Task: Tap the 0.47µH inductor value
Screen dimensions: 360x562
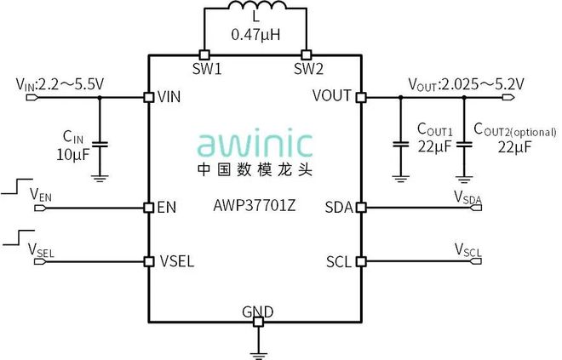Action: pos(256,37)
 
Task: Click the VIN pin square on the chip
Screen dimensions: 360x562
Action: pos(149,97)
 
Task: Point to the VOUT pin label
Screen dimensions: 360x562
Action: pos(332,96)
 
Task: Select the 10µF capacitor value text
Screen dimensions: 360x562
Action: pos(72,153)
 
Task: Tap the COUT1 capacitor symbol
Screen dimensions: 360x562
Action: pos(398,146)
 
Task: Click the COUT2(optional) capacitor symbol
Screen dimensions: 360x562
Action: pos(463,146)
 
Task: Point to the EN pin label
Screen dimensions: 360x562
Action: pos(167,207)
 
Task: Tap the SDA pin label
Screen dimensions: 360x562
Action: pos(339,207)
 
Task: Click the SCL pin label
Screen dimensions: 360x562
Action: pos(339,260)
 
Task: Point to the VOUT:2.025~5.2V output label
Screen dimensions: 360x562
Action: pos(466,83)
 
